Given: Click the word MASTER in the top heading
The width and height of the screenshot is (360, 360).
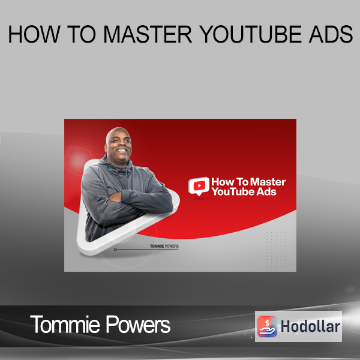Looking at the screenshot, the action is point(148,34).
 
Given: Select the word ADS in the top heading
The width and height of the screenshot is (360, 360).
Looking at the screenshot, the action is point(331,34).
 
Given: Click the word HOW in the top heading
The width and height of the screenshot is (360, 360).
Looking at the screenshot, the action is point(34,34).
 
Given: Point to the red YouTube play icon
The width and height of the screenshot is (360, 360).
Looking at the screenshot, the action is point(199,186).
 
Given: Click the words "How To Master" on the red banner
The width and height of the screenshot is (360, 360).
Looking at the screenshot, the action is point(248,182).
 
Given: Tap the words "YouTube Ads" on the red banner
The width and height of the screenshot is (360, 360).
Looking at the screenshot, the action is point(244,192).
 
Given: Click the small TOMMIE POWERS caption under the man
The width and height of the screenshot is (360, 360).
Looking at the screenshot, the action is point(164,246).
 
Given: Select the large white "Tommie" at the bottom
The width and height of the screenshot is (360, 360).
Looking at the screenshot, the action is point(65,324).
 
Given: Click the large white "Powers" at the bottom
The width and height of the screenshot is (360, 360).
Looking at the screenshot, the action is point(138,324).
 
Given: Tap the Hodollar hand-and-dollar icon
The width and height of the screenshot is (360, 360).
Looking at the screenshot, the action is point(267,326).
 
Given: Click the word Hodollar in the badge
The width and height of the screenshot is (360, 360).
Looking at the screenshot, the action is point(310,326).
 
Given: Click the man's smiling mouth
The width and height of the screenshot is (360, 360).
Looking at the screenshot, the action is point(121,151).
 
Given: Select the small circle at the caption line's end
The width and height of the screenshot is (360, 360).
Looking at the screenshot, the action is point(115,250).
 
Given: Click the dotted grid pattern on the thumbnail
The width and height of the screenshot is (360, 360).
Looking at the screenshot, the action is point(276,251).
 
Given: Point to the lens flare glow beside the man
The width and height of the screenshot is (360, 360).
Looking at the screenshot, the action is point(77,160).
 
